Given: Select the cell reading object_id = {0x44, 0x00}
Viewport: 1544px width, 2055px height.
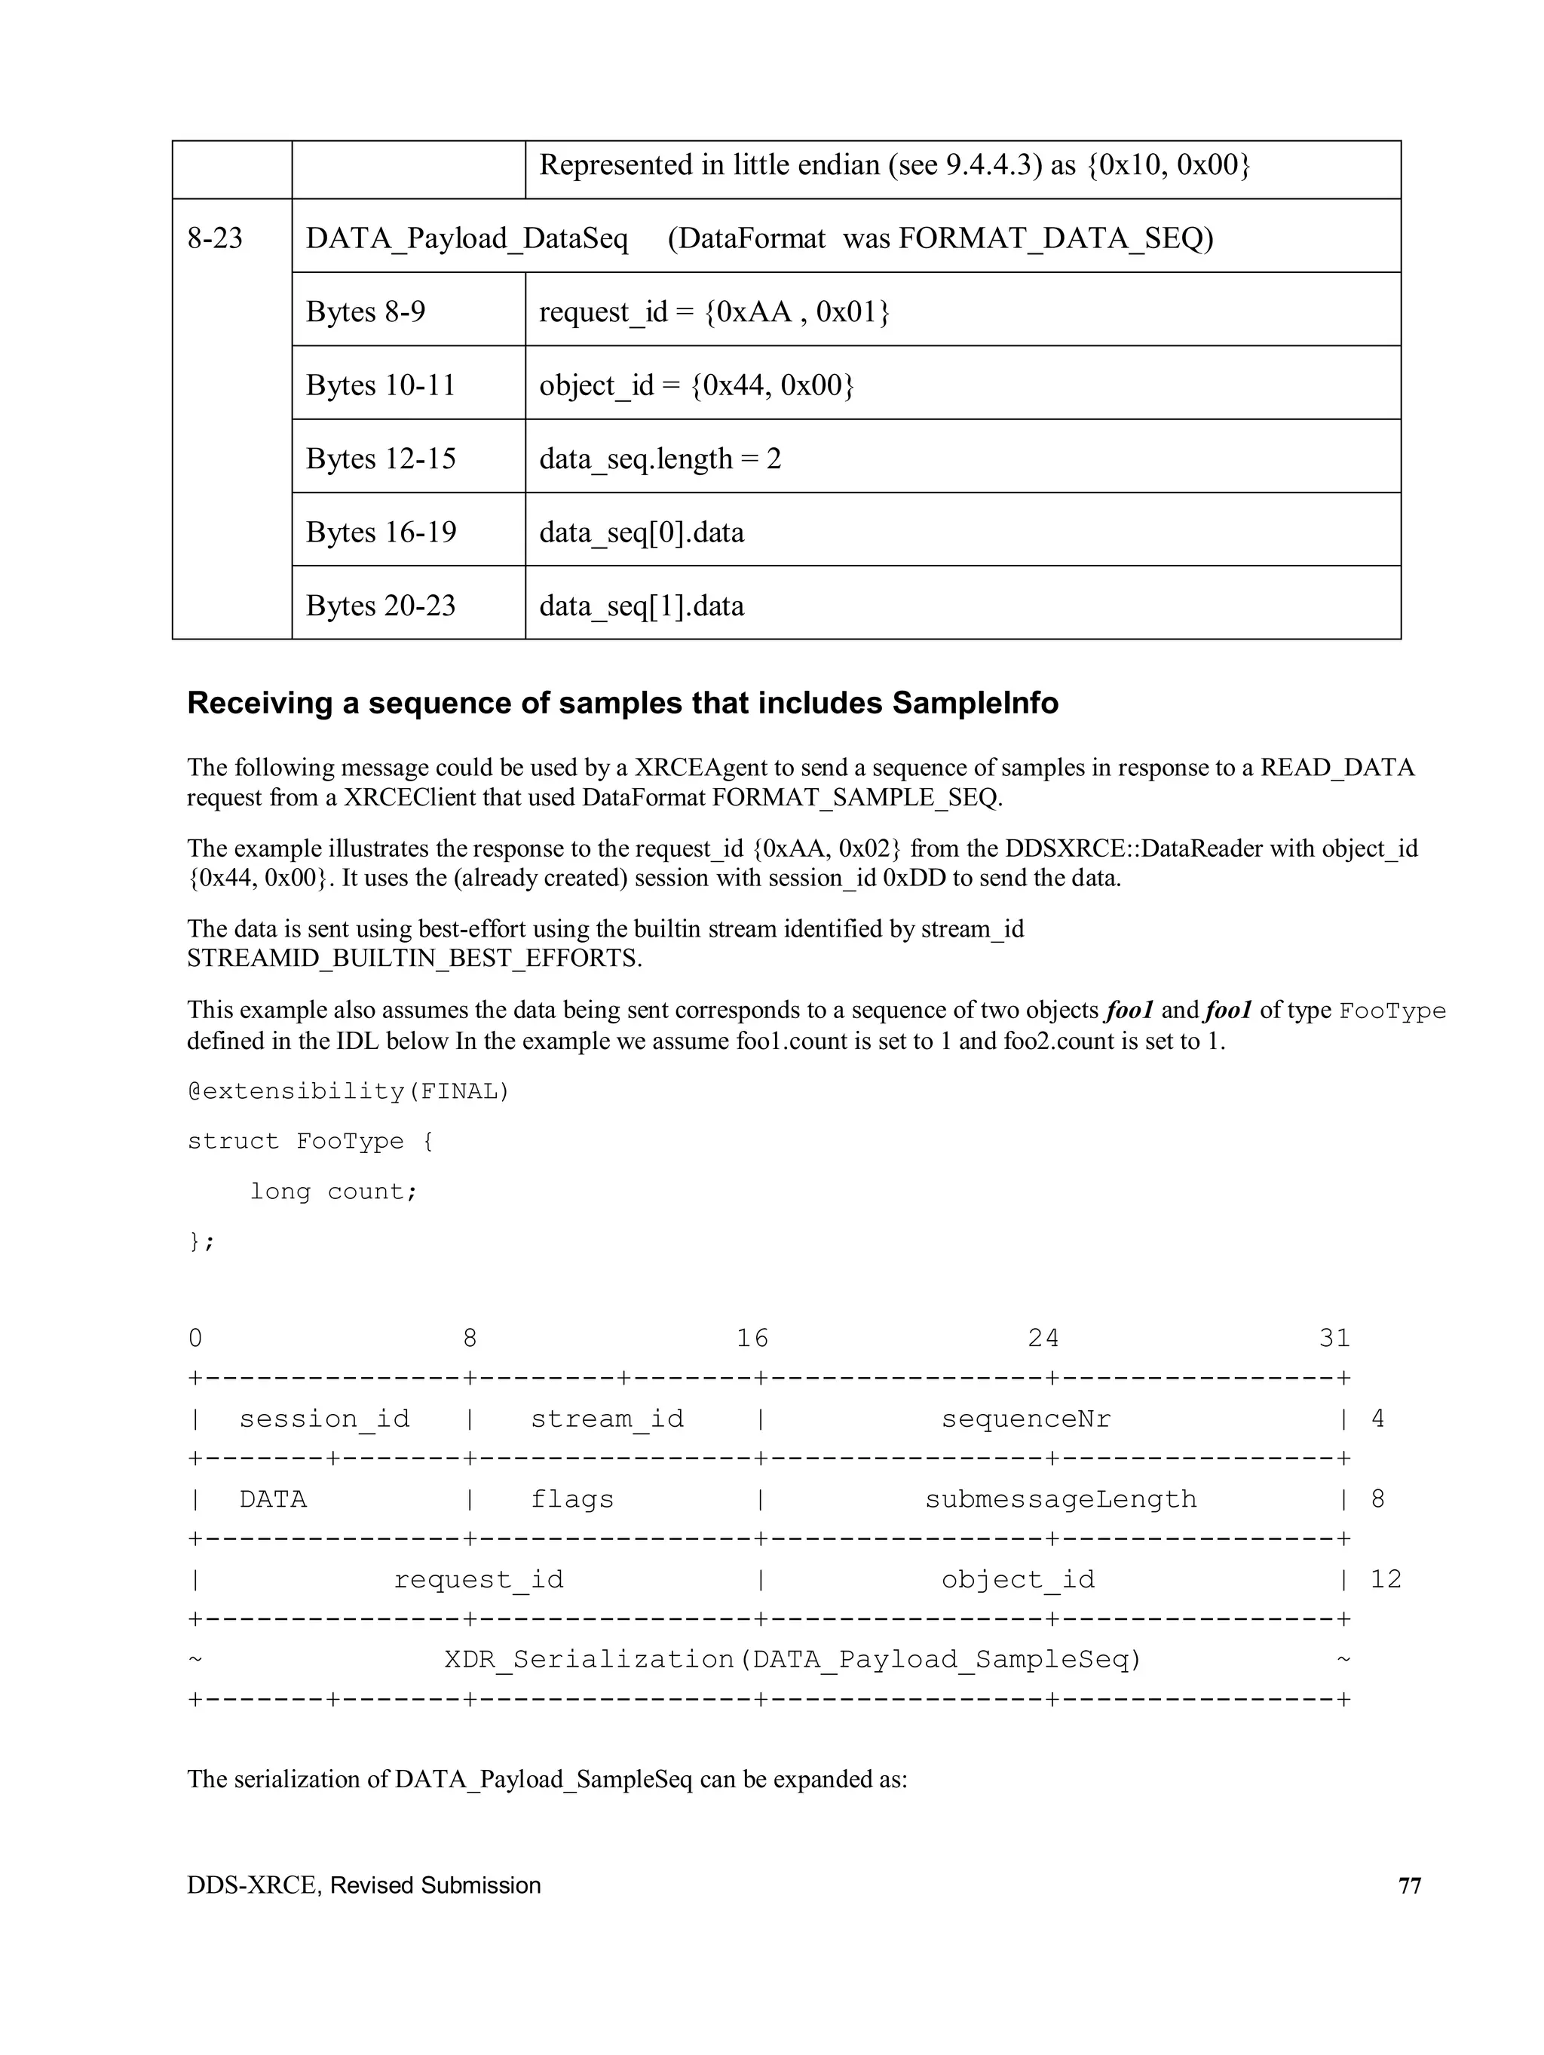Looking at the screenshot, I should [696, 385].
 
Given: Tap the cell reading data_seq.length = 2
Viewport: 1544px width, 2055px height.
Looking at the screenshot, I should [660, 458].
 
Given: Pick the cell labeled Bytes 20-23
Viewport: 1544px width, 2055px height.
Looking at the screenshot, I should [381, 606].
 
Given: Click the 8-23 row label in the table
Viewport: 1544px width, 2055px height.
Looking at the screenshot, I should [216, 238].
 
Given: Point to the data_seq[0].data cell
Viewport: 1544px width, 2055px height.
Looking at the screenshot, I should [641, 532].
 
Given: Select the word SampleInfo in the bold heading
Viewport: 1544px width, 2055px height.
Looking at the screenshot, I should [975, 704].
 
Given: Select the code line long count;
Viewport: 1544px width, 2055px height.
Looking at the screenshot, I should [333, 1191].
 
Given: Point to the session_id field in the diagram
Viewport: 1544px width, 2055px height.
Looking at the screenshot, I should [324, 1419].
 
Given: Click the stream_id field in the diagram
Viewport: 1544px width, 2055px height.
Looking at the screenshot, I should [607, 1419].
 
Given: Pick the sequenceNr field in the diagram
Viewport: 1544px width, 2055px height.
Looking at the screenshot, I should [1025, 1419].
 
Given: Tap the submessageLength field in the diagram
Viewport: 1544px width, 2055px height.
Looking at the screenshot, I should [1060, 1499].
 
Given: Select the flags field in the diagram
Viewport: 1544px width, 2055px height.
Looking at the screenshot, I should [571, 1499].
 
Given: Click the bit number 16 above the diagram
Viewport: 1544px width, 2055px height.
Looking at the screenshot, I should [752, 1338].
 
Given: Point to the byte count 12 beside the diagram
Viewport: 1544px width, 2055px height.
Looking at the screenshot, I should [1385, 1579].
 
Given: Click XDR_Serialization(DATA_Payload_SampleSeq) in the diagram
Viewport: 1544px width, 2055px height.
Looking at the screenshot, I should [792, 1659].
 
